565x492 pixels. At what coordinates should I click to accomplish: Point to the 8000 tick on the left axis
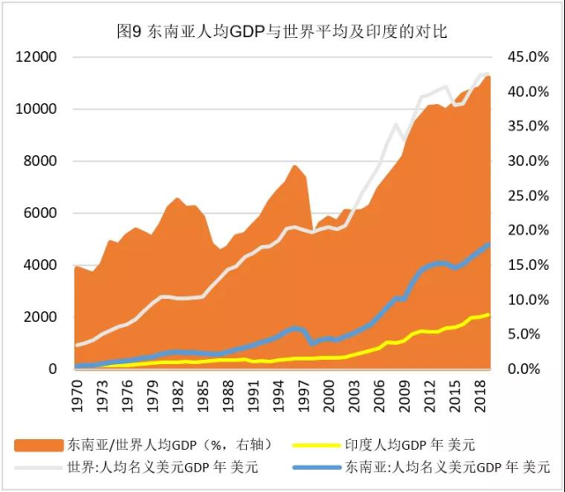(x=41, y=161)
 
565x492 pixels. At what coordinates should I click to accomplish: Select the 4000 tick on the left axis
(x=41, y=265)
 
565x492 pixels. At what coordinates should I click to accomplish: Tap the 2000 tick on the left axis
(x=41, y=317)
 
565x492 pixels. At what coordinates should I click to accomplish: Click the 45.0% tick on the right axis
(x=526, y=57)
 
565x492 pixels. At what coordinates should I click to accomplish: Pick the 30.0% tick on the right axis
(x=526, y=161)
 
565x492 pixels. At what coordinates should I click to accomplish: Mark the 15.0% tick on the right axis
(x=526, y=265)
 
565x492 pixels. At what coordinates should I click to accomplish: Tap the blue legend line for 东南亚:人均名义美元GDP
(x=318, y=466)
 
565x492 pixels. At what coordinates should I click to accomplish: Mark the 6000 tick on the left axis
(x=41, y=213)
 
